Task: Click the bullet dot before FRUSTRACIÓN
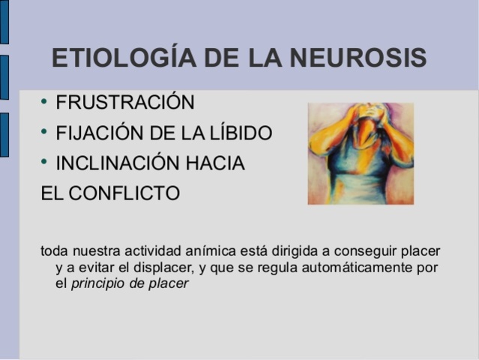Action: click(x=45, y=100)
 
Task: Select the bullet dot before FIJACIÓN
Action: click(x=45, y=132)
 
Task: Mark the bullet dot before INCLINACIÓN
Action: click(x=45, y=162)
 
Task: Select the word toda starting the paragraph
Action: click(x=53, y=250)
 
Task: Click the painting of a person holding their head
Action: click(x=361, y=154)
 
